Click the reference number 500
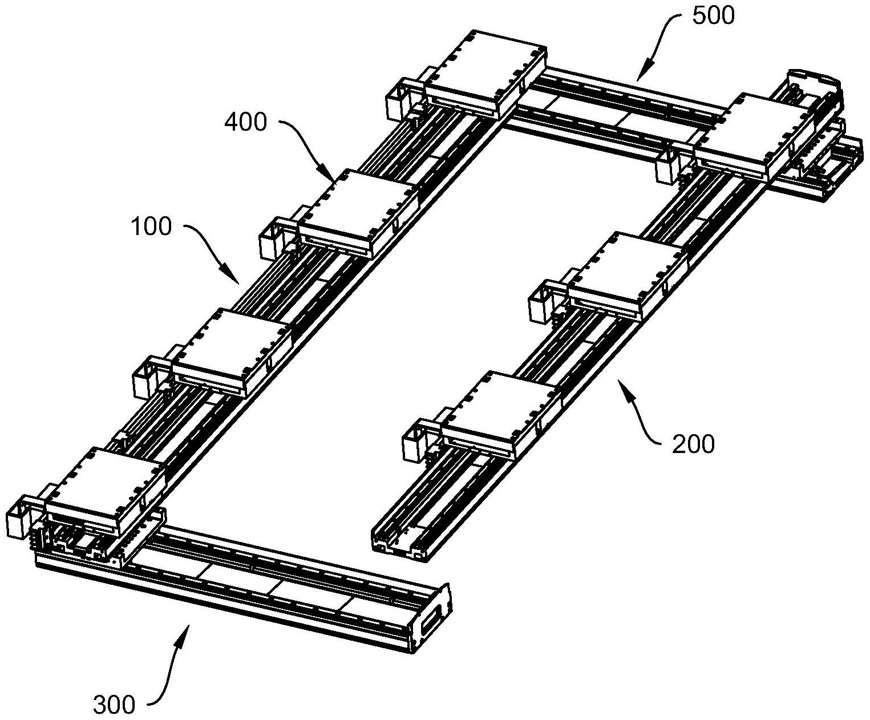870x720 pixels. click(x=713, y=17)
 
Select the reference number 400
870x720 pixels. click(x=245, y=123)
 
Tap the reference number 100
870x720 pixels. click(x=151, y=227)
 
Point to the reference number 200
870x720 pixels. click(x=693, y=444)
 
